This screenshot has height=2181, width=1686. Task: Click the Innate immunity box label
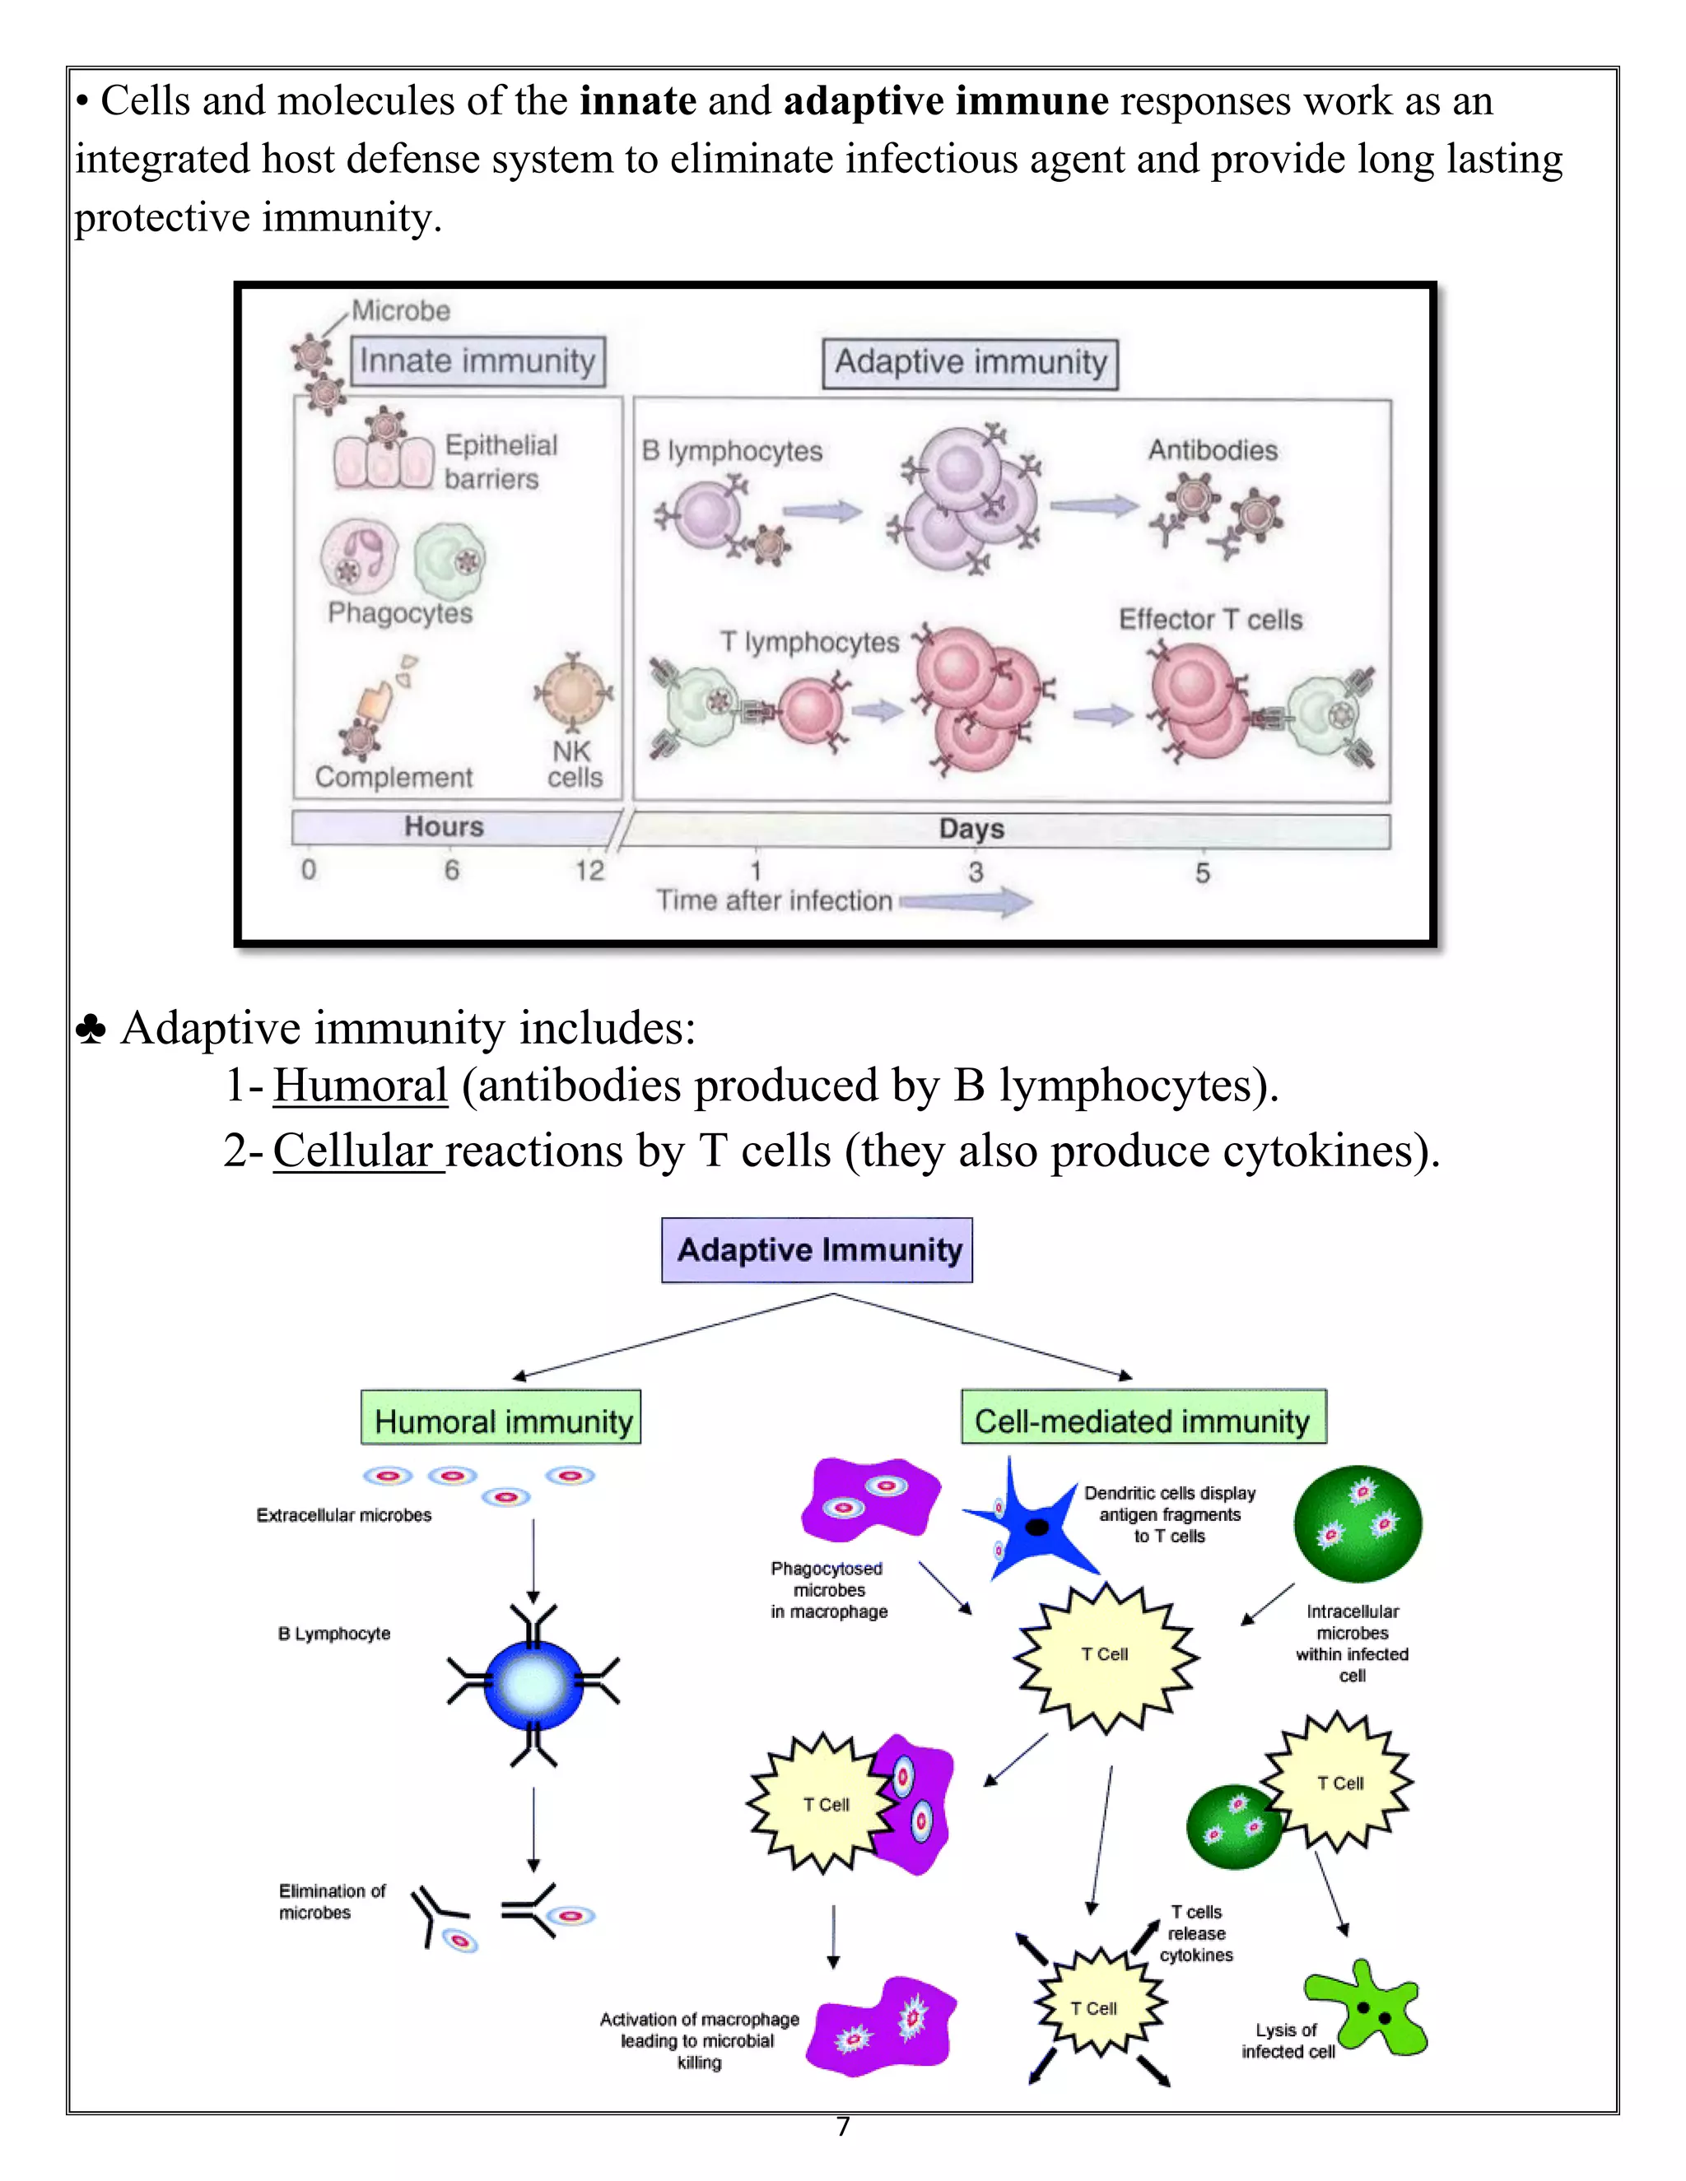tap(477, 360)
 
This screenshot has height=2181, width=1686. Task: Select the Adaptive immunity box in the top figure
tap(970, 362)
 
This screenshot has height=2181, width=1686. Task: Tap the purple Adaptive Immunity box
tap(817, 1249)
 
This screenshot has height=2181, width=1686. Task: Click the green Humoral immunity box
tap(501, 1419)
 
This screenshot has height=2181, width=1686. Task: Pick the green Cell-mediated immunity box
tap(1143, 1419)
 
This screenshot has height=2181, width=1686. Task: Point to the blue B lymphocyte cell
tap(533, 1686)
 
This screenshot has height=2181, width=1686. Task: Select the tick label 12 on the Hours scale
tap(589, 871)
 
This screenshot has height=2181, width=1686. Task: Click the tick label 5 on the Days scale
tap(1203, 872)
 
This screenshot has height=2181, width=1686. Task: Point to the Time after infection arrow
tap(966, 902)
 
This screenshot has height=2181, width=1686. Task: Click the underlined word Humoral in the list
tap(361, 1086)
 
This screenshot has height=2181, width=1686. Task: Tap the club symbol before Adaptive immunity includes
tap(91, 1030)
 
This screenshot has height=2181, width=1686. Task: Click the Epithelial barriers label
tap(501, 462)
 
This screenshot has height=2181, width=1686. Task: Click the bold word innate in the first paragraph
tap(638, 101)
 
